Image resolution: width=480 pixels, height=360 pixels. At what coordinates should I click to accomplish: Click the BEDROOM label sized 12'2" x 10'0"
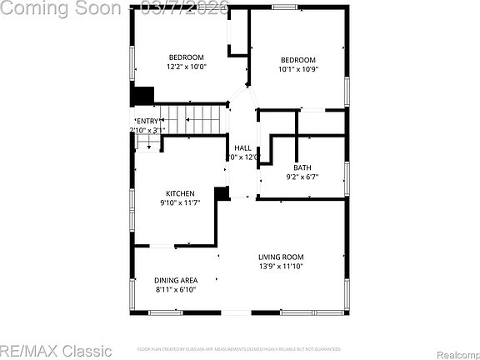(x=185, y=57)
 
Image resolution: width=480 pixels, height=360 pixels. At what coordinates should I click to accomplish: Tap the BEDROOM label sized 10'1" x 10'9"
(x=297, y=59)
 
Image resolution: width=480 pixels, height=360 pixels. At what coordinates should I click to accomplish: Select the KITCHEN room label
(x=180, y=193)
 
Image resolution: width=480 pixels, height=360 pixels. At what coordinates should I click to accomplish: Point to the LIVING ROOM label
(x=280, y=257)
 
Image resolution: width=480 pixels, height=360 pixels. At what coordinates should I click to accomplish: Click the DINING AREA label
(x=176, y=280)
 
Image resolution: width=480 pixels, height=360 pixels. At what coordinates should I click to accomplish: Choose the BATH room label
(x=302, y=167)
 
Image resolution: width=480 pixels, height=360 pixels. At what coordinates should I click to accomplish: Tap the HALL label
(x=242, y=147)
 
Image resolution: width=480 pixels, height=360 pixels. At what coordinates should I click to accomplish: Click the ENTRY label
(x=147, y=122)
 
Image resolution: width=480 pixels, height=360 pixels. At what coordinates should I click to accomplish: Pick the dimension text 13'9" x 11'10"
(x=280, y=267)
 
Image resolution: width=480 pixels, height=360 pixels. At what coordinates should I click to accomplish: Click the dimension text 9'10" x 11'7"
(x=180, y=202)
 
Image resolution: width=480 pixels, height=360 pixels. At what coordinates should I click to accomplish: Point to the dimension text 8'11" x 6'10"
(x=176, y=289)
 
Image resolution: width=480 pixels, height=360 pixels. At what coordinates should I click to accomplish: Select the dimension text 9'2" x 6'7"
(x=302, y=177)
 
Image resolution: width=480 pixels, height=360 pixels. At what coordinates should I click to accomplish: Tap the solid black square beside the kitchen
(x=222, y=193)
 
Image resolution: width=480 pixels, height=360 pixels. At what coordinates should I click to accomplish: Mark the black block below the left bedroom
(x=143, y=96)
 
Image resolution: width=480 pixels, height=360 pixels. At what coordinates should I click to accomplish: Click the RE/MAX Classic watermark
(x=57, y=350)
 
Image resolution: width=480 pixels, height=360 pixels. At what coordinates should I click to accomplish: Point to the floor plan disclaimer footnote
(x=239, y=348)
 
